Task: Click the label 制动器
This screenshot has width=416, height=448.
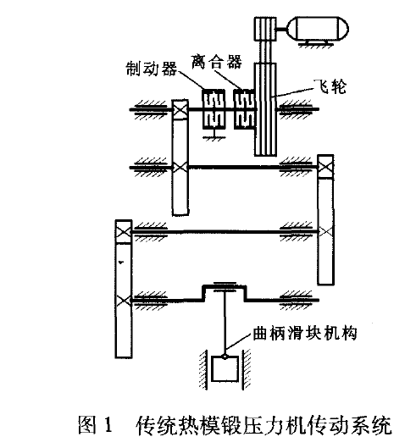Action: coord(152,69)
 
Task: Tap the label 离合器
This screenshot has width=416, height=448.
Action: coord(217,62)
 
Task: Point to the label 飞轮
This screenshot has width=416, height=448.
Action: coord(330,86)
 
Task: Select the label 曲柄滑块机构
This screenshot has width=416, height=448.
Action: coord(305,333)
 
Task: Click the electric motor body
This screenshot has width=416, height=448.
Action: coord(318,29)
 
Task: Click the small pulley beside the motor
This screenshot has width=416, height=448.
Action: coord(265,29)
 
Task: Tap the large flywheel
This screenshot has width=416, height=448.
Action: coord(265,109)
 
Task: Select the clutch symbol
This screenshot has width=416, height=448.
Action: coord(244,109)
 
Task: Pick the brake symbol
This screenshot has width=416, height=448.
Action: coord(214,109)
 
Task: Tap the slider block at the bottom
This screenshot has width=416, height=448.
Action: coord(225,368)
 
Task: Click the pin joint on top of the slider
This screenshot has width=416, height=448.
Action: coord(225,357)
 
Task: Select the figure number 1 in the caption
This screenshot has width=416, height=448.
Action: coord(108,424)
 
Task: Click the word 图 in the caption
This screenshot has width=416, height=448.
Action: coord(87,424)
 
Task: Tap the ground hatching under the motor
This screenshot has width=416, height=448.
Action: coord(315,45)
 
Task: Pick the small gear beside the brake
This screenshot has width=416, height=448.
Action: coord(180,109)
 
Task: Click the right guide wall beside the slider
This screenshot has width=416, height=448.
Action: coord(246,368)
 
